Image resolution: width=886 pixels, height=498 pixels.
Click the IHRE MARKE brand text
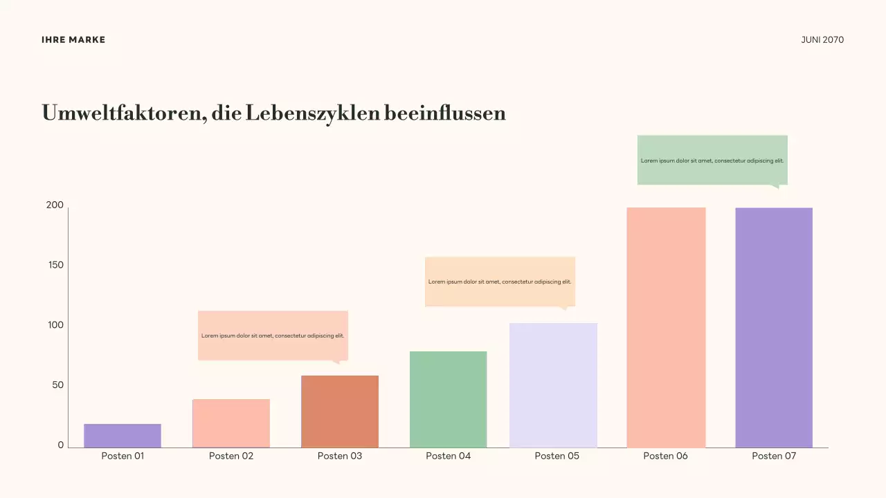pyautogui.click(x=73, y=40)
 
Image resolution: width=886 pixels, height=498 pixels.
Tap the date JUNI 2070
pyautogui.click(x=822, y=40)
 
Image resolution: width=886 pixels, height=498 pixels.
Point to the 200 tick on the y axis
pyautogui.click(x=55, y=205)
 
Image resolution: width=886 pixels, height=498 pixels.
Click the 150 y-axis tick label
pyautogui.click(x=55, y=265)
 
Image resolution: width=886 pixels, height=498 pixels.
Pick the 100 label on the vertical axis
pyautogui.click(x=55, y=325)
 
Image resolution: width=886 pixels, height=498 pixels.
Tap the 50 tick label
pyautogui.click(x=57, y=385)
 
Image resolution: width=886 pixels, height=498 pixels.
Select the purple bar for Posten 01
pyautogui.click(x=123, y=436)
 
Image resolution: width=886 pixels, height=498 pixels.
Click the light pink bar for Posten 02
pyautogui.click(x=231, y=423)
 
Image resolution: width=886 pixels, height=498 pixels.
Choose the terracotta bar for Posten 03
pyautogui.click(x=340, y=412)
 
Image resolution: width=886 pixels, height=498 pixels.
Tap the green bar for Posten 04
pyautogui.click(x=449, y=399)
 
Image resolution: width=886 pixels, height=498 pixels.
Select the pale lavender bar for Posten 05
pyautogui.click(x=553, y=385)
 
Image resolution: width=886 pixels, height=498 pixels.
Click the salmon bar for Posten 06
pyautogui.click(x=666, y=327)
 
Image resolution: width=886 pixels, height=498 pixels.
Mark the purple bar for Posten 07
pyautogui.click(x=774, y=327)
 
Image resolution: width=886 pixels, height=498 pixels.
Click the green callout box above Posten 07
pyautogui.click(x=712, y=160)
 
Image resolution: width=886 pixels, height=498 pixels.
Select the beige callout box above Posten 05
pyautogui.click(x=500, y=282)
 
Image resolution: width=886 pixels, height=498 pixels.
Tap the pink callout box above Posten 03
pyautogui.click(x=273, y=335)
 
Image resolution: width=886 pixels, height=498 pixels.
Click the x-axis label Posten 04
pyautogui.click(x=449, y=456)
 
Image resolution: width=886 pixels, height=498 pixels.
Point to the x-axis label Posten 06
pyautogui.click(x=666, y=456)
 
